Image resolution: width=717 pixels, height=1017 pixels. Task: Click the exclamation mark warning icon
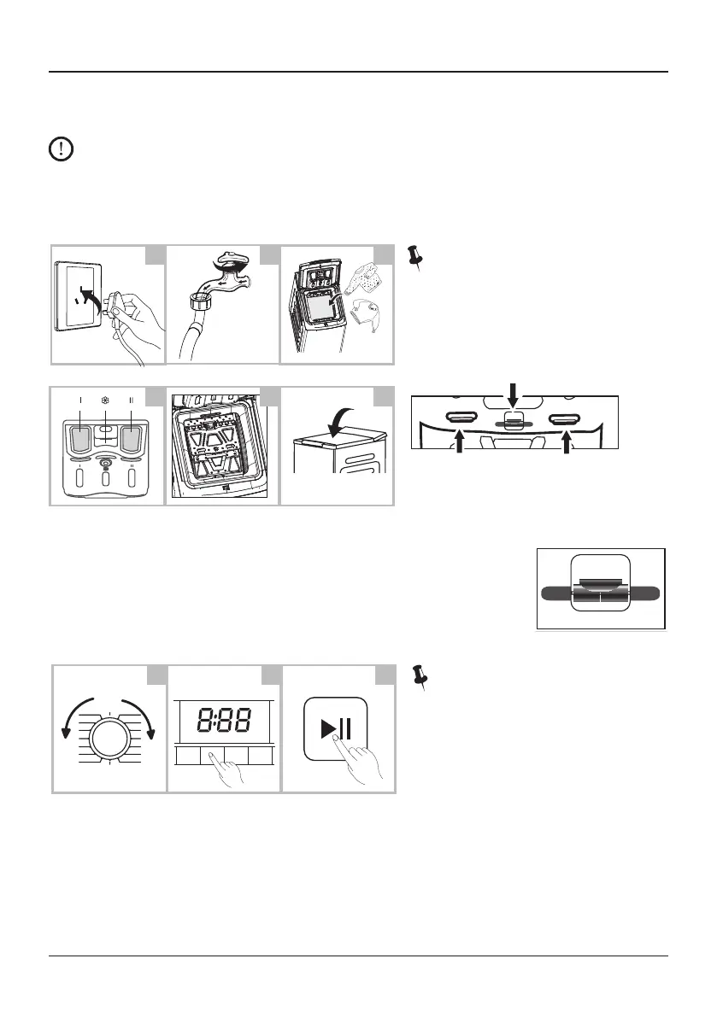(61, 150)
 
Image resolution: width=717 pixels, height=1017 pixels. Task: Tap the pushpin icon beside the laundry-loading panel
(417, 255)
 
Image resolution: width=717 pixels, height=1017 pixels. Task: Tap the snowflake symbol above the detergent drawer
(106, 400)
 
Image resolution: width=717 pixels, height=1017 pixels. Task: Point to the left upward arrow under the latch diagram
(461, 441)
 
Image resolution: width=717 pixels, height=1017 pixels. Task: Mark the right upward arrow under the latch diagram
(567, 441)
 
